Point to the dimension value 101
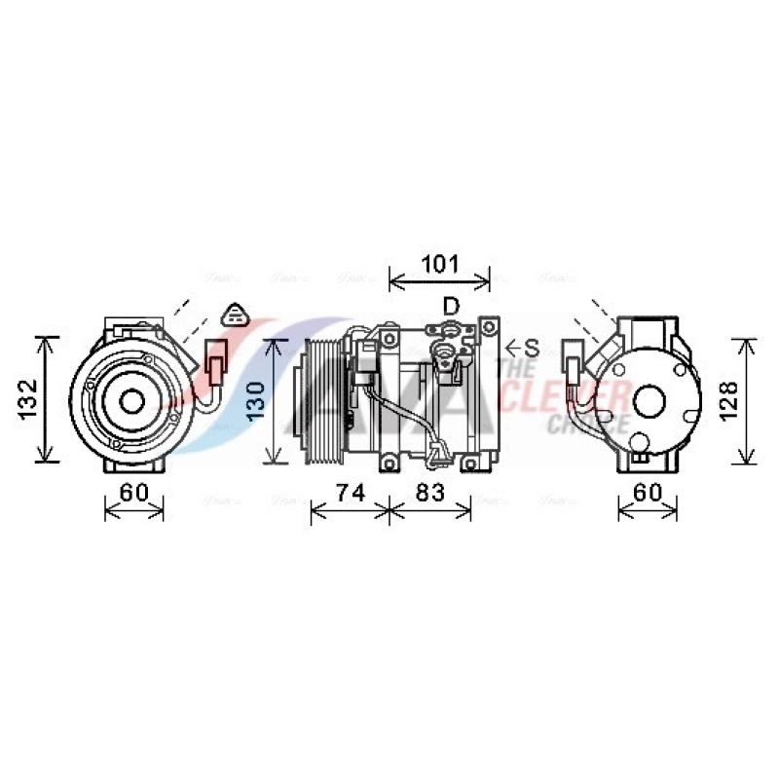(x=439, y=264)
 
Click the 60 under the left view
(x=133, y=493)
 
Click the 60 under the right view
(x=648, y=493)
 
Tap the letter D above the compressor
(x=451, y=307)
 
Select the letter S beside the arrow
(x=532, y=347)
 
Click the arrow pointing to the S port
(x=512, y=347)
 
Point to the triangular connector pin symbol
(x=237, y=315)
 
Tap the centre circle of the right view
(x=648, y=400)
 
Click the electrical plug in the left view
(x=215, y=362)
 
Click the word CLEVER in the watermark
(x=575, y=397)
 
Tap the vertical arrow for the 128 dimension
(x=746, y=401)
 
